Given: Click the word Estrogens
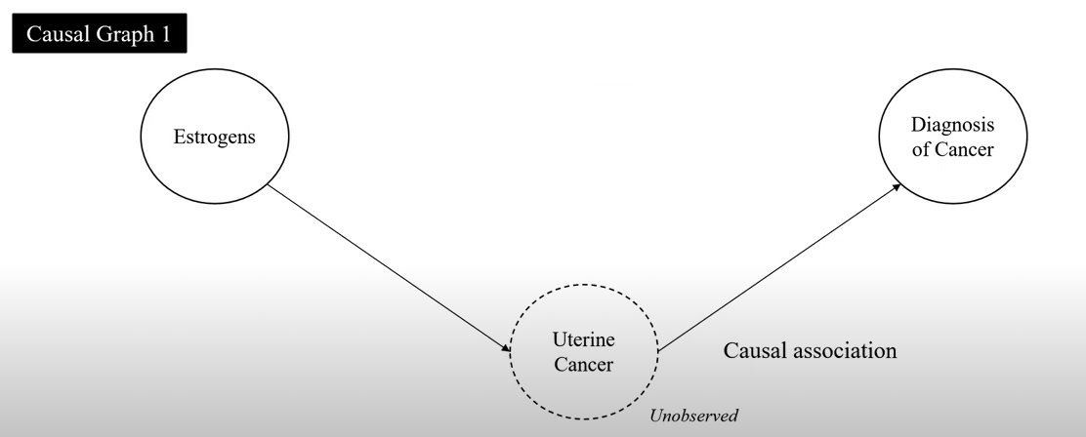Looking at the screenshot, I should [215, 137].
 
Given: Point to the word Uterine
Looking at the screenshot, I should [584, 342].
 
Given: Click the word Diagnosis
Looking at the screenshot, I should [952, 126].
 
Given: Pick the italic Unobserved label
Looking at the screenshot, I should [694, 417].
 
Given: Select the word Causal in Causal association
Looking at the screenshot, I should [755, 350].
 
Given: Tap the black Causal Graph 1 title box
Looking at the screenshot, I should [99, 35].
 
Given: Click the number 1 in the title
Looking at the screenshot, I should [167, 36].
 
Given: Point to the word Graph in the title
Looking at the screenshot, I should [125, 36].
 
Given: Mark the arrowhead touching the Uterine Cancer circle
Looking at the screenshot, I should [505, 347].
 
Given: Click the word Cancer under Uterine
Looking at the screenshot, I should [584, 366].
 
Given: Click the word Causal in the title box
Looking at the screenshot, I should [58, 36].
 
